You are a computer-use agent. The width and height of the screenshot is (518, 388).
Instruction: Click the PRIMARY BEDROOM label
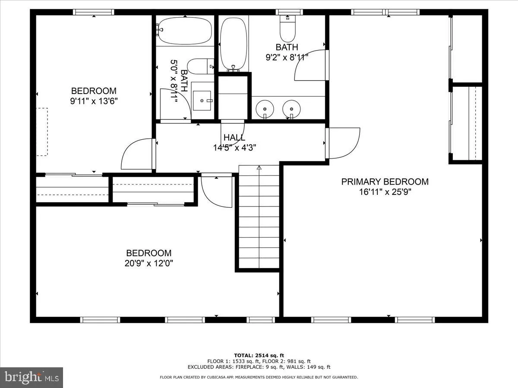pos(385,181)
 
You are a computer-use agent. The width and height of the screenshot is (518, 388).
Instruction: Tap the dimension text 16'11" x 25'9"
pos(385,192)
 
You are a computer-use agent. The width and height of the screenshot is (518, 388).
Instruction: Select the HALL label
pos(234,138)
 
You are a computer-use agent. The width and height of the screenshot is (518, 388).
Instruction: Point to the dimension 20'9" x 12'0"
pos(148,263)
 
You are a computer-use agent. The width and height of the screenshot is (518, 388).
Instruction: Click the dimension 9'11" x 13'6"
pos(94,101)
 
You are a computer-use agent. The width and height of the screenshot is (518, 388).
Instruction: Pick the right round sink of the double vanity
pos(291,108)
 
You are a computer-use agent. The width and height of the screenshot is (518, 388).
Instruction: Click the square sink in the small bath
pos(202,100)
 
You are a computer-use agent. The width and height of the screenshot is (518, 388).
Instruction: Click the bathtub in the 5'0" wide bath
pos(185,30)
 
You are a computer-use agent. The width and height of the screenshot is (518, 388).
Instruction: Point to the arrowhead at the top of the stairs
pos(259,167)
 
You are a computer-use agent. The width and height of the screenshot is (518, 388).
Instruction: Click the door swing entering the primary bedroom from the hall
pos(344,142)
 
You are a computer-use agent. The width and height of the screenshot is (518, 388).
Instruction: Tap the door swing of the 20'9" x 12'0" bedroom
pos(216,191)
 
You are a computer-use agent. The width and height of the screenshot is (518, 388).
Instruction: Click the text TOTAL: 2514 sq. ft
pos(259,355)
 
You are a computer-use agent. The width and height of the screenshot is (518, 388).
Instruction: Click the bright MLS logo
pos(32,378)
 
